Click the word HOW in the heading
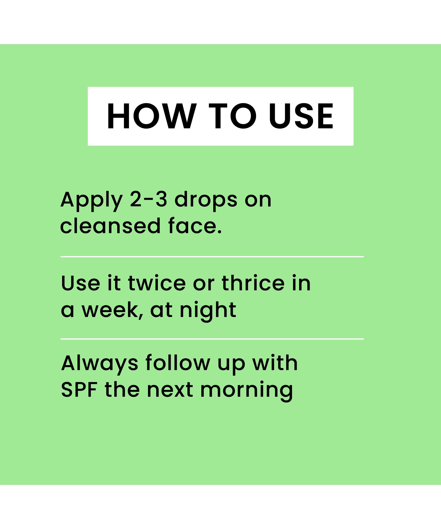pos(152,116)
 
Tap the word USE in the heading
pos(301,116)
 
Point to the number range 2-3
pos(149,199)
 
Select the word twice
pos(157,283)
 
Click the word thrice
pos(253,283)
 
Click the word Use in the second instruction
pos(80,283)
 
